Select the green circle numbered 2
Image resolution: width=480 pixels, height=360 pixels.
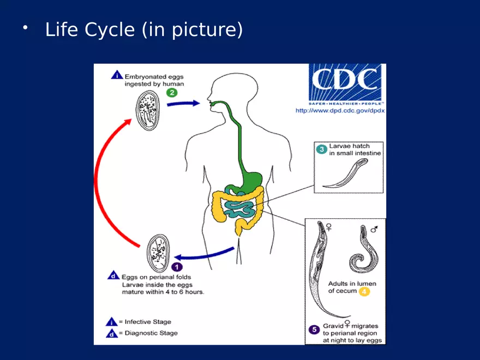pos(172,93)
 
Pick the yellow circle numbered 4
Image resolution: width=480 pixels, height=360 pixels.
pos(364,292)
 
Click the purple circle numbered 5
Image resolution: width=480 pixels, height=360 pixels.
pos(314,329)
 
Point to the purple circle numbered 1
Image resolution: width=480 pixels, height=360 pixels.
pos(177,267)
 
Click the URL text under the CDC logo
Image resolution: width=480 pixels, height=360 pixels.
pos(340,110)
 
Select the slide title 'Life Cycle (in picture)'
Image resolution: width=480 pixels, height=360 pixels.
pos(144,29)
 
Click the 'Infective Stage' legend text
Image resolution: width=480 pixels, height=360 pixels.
pos(148,322)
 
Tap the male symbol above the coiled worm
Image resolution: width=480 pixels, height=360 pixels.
pos(374,229)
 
